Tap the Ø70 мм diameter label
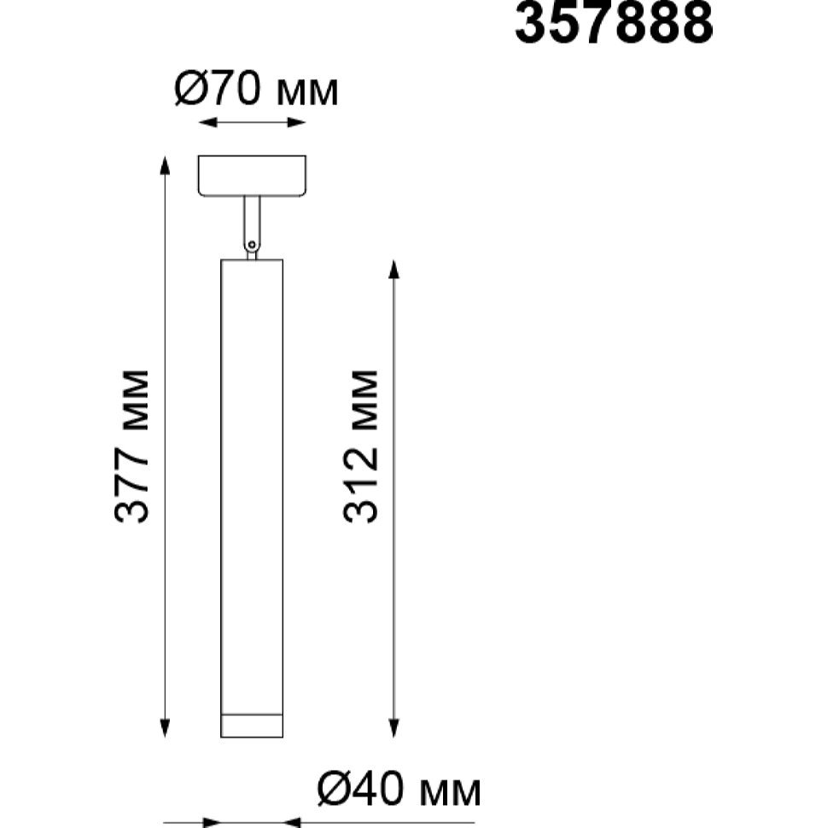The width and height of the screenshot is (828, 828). pos(255,89)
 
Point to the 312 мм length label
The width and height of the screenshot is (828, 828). pos(361,446)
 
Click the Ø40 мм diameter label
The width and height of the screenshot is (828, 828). pos(399,790)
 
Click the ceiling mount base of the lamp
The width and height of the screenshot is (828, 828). pos(252,176)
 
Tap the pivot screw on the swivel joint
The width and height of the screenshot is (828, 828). pos(252,245)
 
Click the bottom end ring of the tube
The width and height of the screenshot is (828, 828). pos(252,726)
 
